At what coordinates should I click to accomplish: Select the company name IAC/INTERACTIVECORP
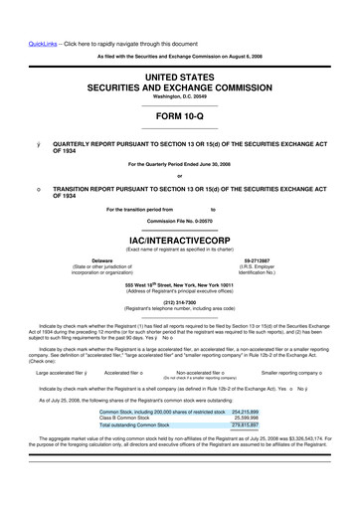(x=179, y=240)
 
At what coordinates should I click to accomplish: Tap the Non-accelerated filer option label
(x=201, y=373)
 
